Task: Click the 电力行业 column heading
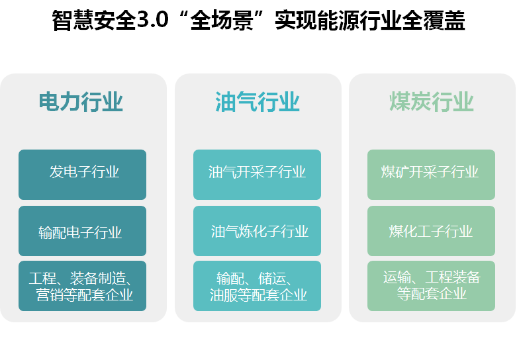(x=81, y=102)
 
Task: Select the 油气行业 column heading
(x=257, y=102)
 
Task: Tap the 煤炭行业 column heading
(x=432, y=102)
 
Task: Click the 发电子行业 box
(x=82, y=175)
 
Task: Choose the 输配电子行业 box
(x=82, y=231)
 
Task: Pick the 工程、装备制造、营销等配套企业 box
(x=82, y=286)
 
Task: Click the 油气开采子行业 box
(x=257, y=175)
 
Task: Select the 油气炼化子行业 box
(x=257, y=231)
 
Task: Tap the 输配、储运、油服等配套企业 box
(x=257, y=286)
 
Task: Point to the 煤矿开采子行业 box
(x=432, y=175)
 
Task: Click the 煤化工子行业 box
(x=432, y=231)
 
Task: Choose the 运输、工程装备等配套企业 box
(x=432, y=286)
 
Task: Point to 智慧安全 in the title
(x=94, y=21)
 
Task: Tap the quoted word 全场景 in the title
(x=222, y=21)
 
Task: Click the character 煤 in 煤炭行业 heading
(x=400, y=102)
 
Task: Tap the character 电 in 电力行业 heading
(x=49, y=102)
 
